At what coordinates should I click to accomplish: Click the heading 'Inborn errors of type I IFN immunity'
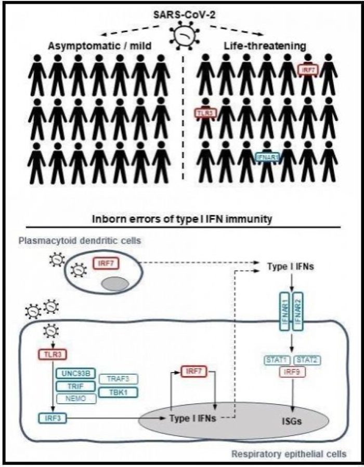point(182,218)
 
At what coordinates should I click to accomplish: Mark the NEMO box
point(75,399)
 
